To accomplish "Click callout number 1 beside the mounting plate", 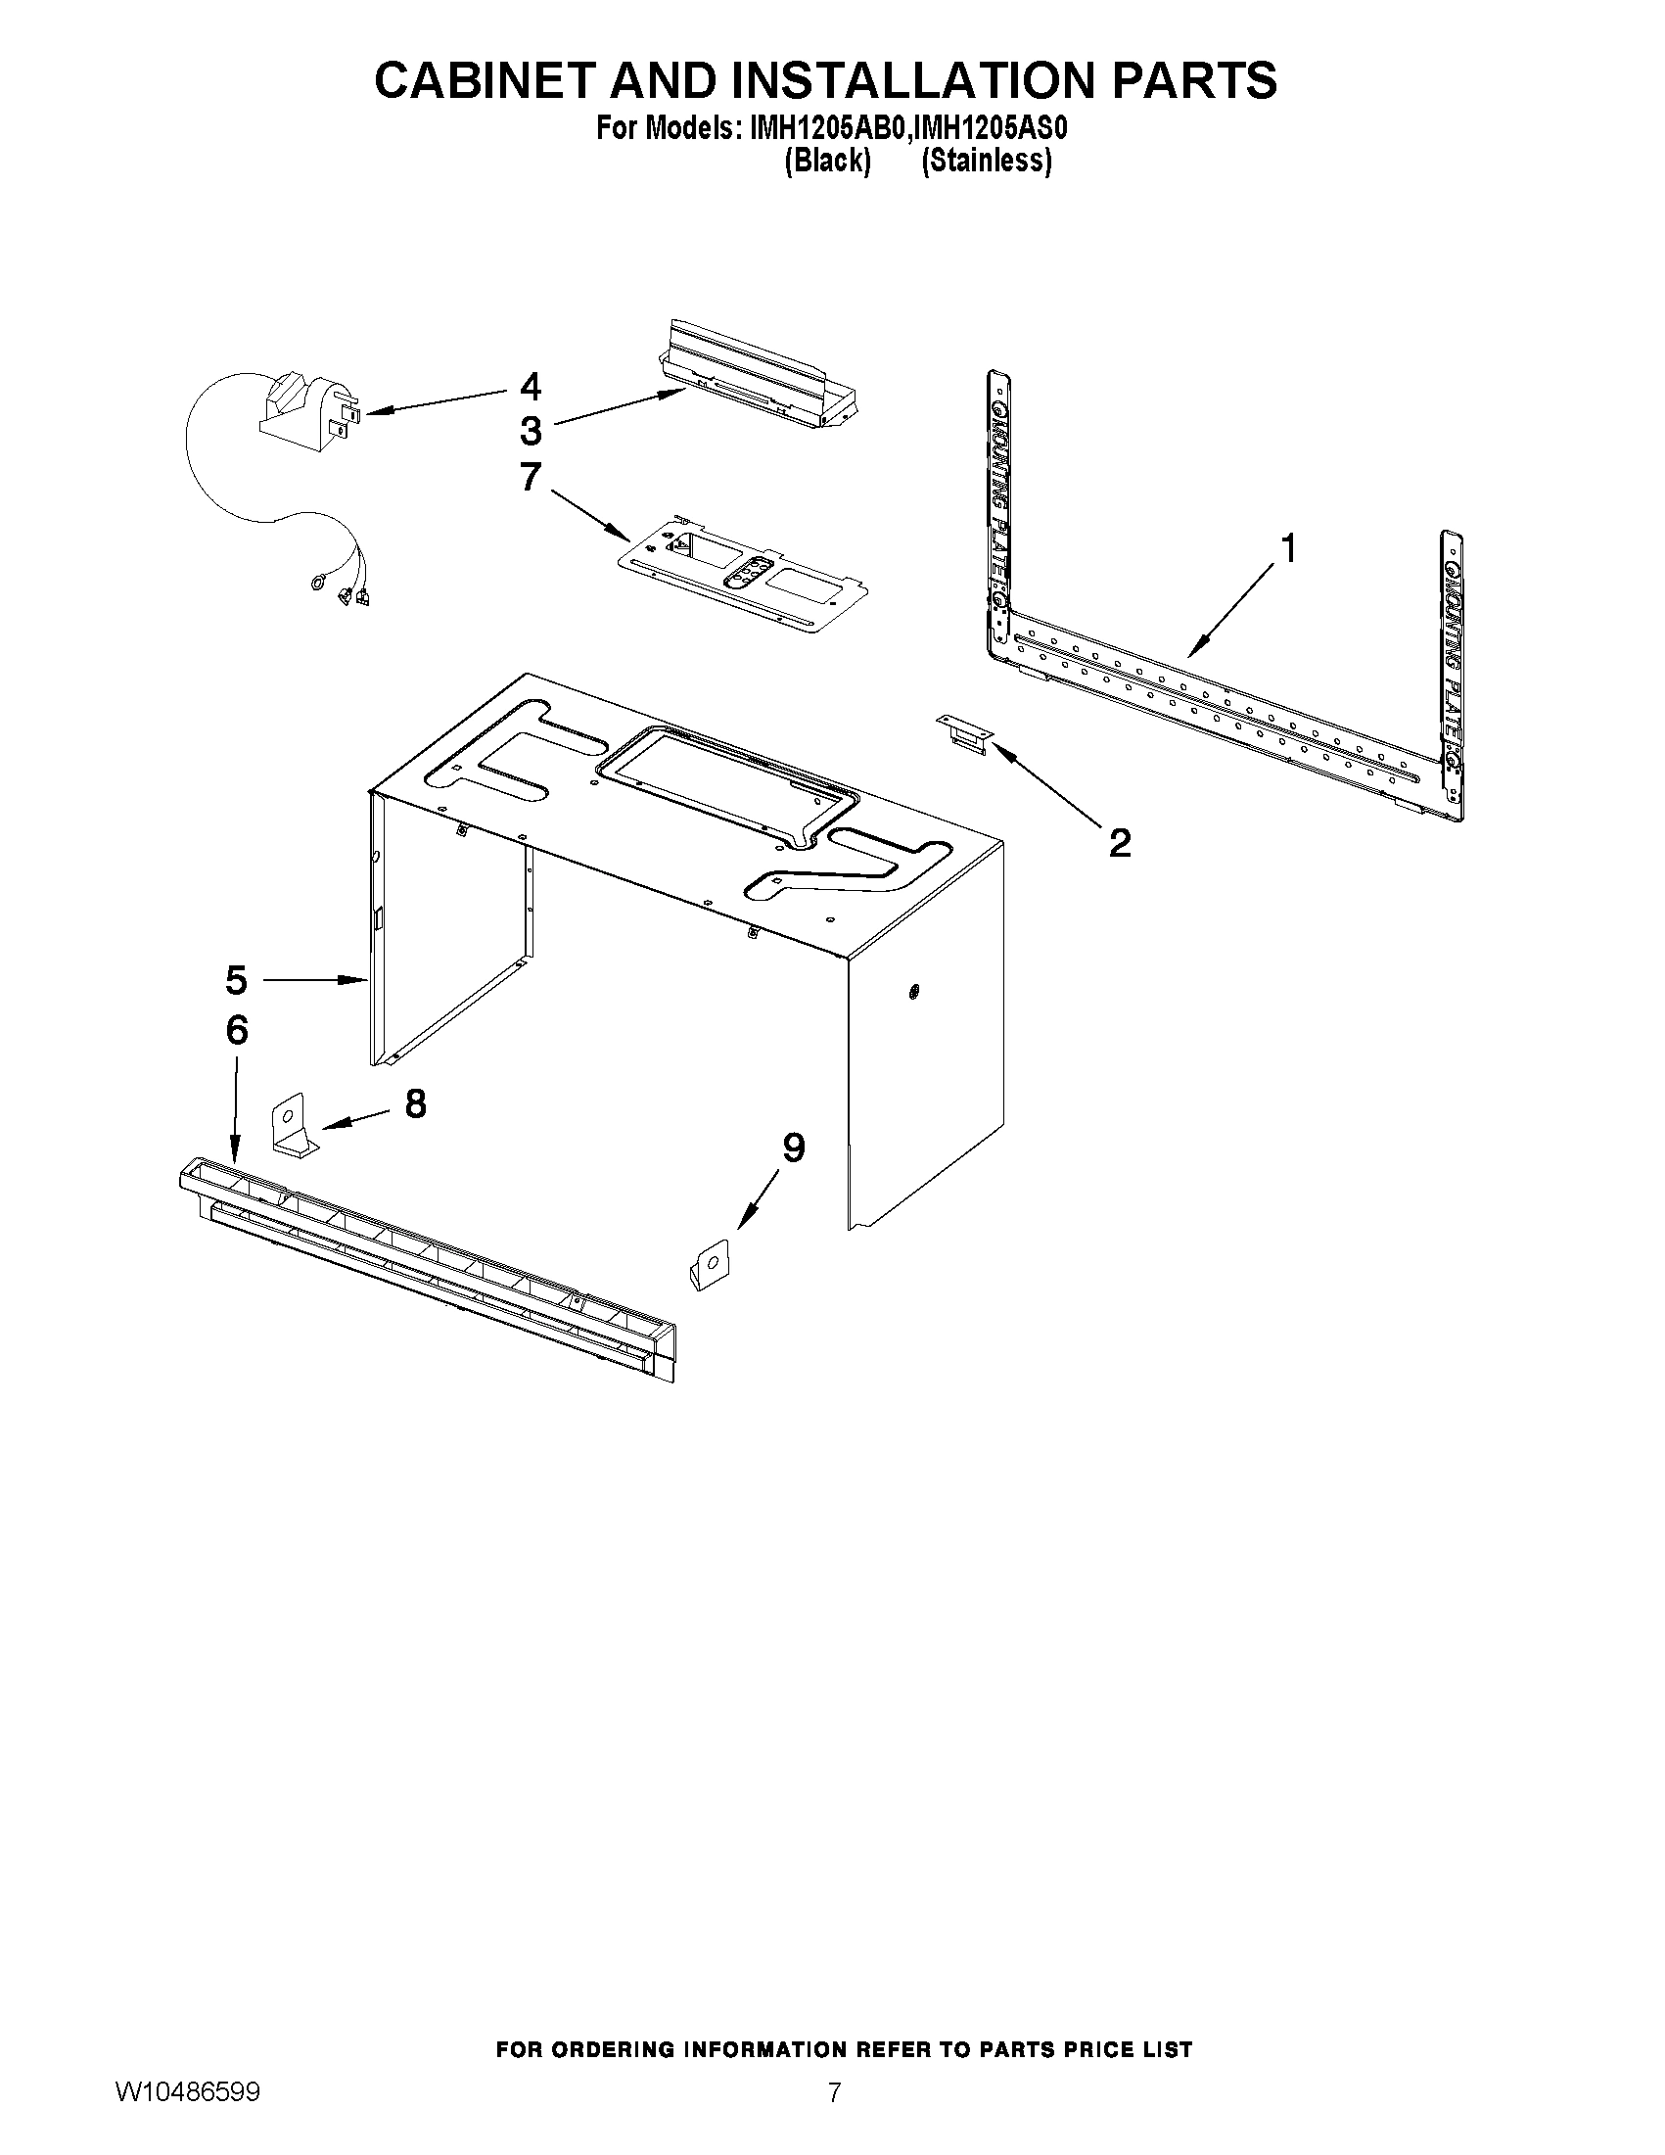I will [1286, 548].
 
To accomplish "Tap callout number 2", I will [1119, 844].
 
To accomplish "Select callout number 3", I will [531, 431].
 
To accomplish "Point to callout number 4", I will [531, 386].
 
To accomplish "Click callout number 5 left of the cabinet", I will [236, 981].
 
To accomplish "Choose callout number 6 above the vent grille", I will [236, 1030].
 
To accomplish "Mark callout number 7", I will [531, 478].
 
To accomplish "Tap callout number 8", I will [415, 1103].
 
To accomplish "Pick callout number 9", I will [793, 1148].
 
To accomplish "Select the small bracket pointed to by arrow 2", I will [965, 735].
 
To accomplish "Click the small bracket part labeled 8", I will [293, 1127].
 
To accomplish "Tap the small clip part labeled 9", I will [710, 1264].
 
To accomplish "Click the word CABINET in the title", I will [485, 80].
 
